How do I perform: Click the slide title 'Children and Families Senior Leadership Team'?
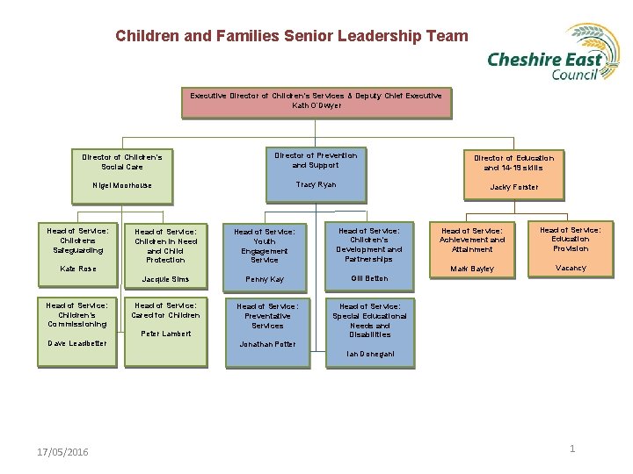click(292, 37)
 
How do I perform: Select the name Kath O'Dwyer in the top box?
click(316, 105)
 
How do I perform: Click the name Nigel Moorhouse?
click(122, 185)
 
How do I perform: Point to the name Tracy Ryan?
click(316, 184)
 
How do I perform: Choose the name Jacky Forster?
click(513, 187)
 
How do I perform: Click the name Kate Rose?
click(77, 269)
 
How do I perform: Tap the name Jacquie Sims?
click(166, 279)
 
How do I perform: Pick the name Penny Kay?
click(264, 279)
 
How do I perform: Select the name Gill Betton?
click(369, 278)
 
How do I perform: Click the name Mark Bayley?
click(472, 269)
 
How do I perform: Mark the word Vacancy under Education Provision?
click(571, 268)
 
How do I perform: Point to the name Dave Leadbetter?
click(77, 343)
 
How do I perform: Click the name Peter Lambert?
click(166, 334)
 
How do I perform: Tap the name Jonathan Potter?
click(267, 344)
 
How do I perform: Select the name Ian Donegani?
click(369, 354)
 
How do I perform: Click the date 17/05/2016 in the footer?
click(62, 452)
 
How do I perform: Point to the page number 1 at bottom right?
click(572, 449)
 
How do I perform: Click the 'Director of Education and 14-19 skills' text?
click(513, 162)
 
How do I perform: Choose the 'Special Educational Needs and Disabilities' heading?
click(369, 320)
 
